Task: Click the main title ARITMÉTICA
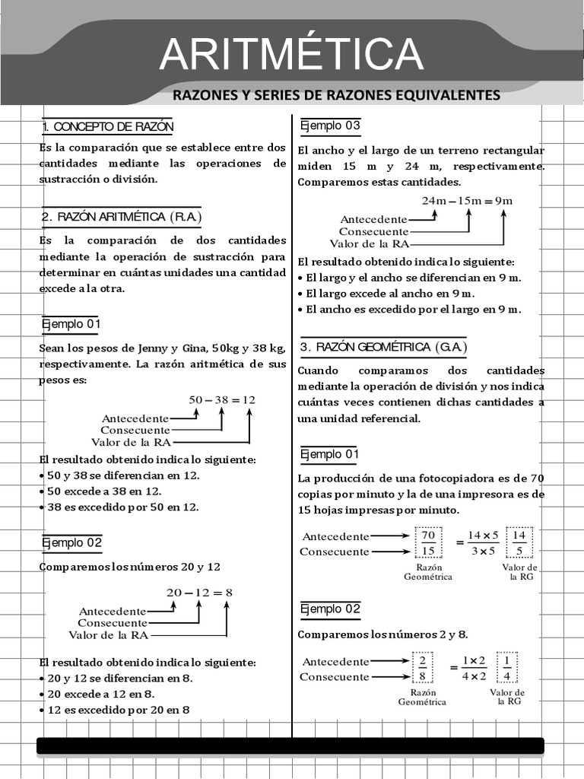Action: click(x=291, y=54)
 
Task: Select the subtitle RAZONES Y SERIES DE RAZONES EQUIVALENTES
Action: click(x=336, y=95)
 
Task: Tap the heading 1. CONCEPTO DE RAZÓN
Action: click(x=108, y=126)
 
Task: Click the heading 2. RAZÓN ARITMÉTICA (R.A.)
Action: click(x=122, y=217)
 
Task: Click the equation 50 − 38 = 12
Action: click(x=222, y=399)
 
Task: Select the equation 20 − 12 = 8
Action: click(x=199, y=592)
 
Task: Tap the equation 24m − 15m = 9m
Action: click(x=467, y=201)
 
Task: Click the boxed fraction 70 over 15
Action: click(x=428, y=543)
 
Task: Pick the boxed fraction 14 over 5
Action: click(x=519, y=543)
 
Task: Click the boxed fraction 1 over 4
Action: click(x=506, y=668)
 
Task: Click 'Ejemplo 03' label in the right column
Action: click(x=330, y=126)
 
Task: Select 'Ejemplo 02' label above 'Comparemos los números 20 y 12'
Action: click(x=71, y=542)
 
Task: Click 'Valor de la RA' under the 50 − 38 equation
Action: click(x=130, y=442)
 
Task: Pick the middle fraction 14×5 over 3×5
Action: click(x=483, y=543)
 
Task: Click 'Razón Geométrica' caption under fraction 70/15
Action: click(x=428, y=572)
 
